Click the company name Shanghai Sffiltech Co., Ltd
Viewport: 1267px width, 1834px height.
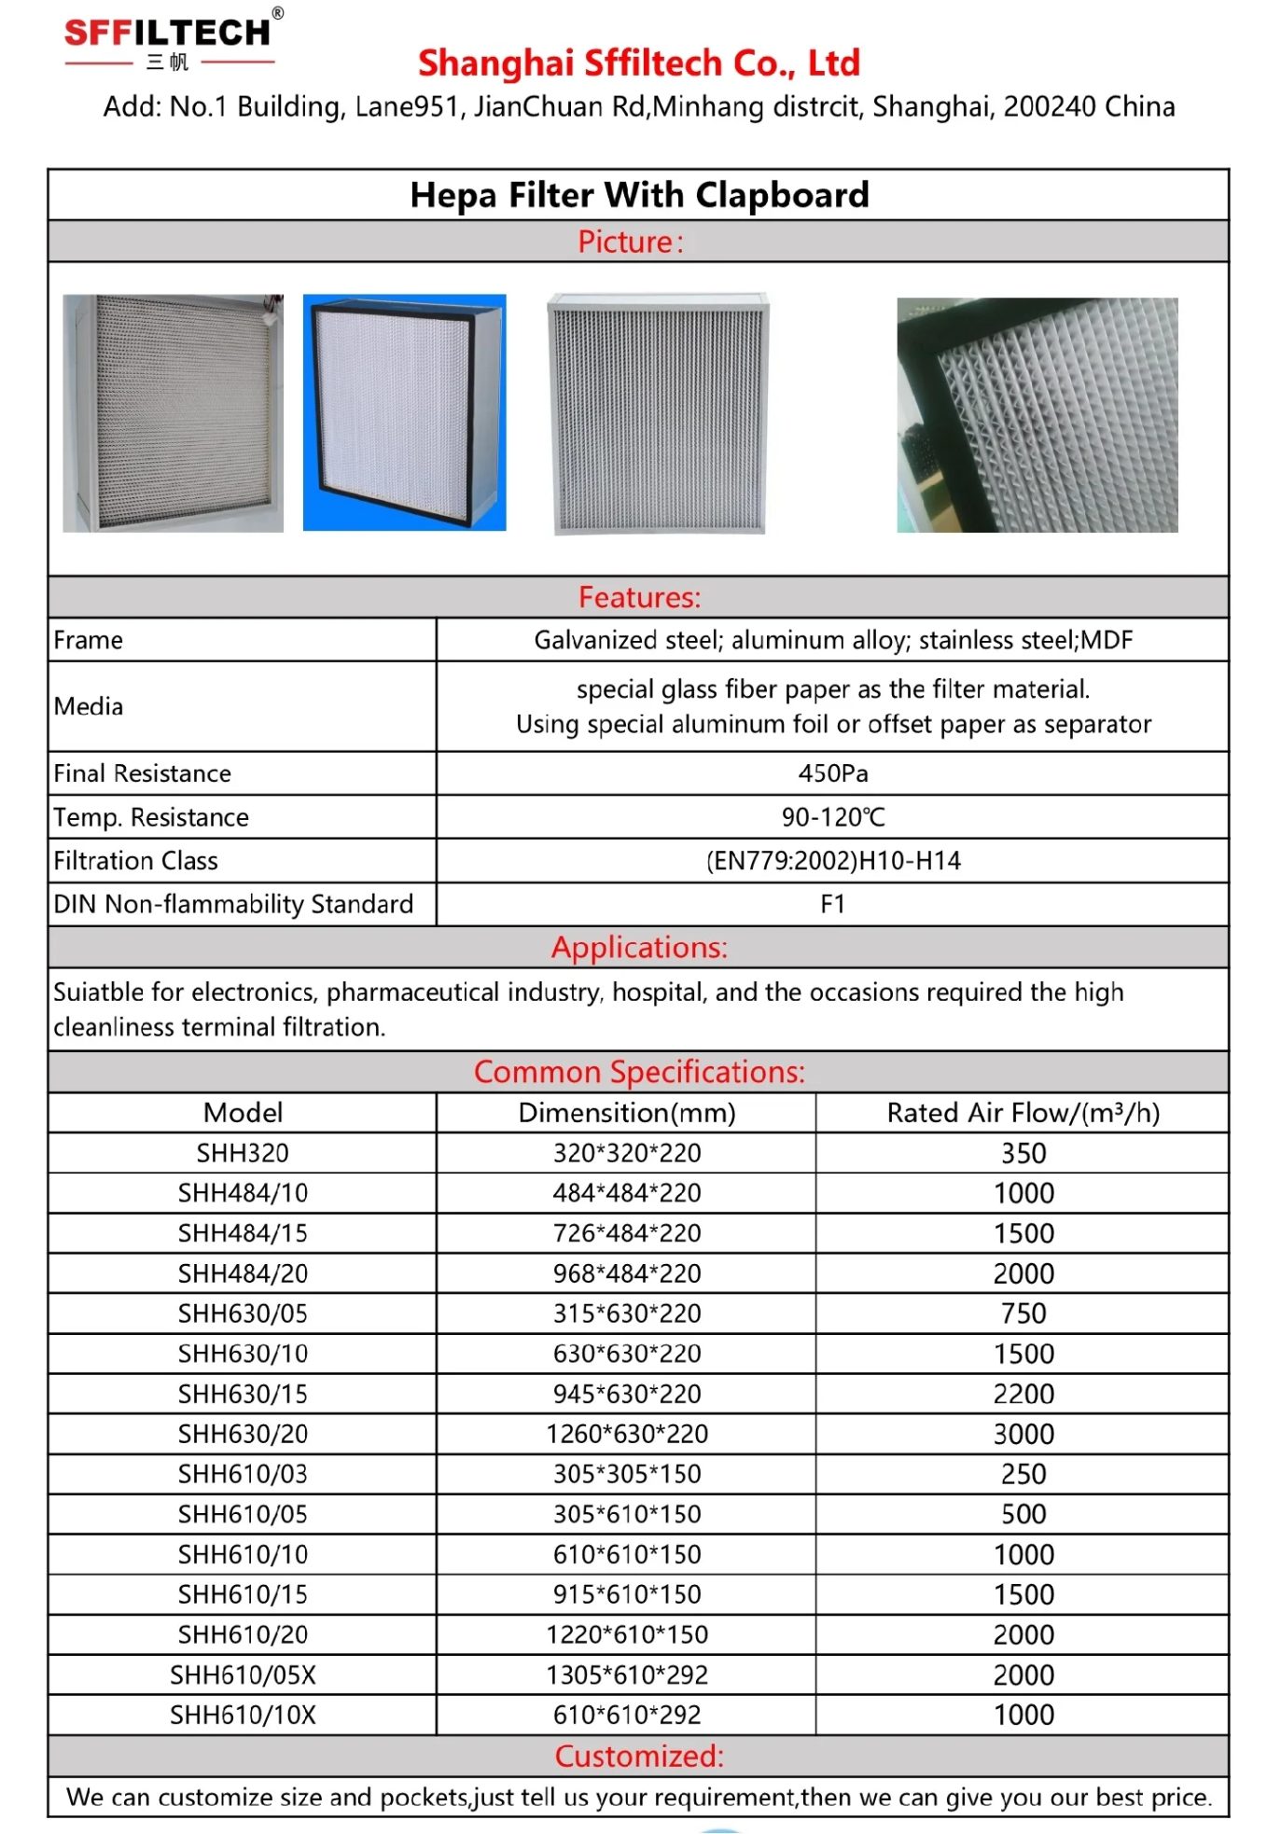[x=638, y=63]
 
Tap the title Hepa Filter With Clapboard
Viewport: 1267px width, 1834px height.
[x=639, y=195]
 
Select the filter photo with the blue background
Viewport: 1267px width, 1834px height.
[x=404, y=412]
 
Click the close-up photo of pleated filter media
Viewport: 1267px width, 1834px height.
[x=1037, y=415]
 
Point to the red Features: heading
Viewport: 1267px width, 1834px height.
[x=639, y=597]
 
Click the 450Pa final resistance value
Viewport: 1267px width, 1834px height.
[x=832, y=773]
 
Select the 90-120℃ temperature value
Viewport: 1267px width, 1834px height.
[x=832, y=817]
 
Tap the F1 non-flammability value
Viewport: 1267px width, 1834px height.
[x=832, y=904]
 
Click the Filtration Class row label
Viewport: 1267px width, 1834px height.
[x=136, y=861]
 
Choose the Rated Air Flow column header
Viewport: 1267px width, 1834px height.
[x=1023, y=1113]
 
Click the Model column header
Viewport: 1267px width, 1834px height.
[x=243, y=1113]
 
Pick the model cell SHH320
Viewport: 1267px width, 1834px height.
[x=243, y=1153]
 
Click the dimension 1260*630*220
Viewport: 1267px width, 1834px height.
[x=627, y=1434]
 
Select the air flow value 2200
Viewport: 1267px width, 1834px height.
[x=1023, y=1394]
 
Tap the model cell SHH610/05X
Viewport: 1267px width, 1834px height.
[x=243, y=1675]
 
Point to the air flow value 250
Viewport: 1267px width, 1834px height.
[x=1023, y=1474]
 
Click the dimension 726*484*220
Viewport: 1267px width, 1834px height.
[x=627, y=1233]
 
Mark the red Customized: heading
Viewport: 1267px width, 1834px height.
[x=639, y=1756]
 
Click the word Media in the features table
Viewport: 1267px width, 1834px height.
[x=89, y=706]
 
